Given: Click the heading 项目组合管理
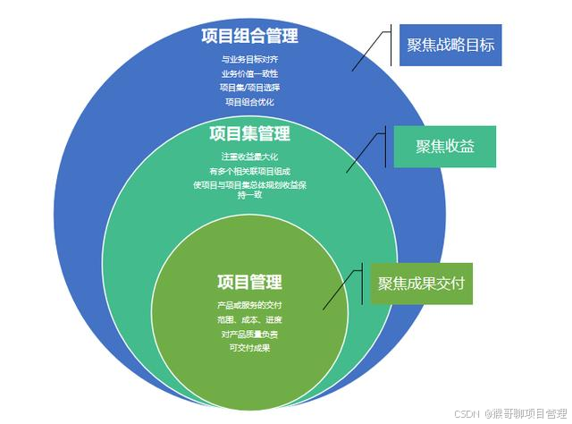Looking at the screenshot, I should click(x=249, y=37).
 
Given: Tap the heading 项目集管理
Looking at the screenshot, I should click(x=249, y=134).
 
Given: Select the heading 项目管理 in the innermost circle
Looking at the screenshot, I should click(x=249, y=283).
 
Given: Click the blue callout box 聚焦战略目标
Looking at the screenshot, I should click(x=450, y=45).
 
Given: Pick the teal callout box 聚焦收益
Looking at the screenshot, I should click(x=443, y=147).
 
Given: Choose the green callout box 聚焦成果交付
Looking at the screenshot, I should click(x=422, y=283).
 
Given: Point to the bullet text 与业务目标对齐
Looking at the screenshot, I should click(x=249, y=61).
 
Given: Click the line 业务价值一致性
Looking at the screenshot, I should click(x=249, y=74).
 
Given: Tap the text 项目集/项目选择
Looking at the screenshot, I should click(x=249, y=88).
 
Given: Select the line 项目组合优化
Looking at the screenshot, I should click(x=249, y=102).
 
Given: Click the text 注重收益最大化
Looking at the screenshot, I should click(x=249, y=157).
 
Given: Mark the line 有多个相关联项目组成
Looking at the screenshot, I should click(x=249, y=171).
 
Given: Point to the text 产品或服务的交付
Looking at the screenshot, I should click(x=249, y=307).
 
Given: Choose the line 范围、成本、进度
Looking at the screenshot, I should click(x=249, y=320).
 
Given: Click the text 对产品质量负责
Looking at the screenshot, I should click(x=249, y=335).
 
